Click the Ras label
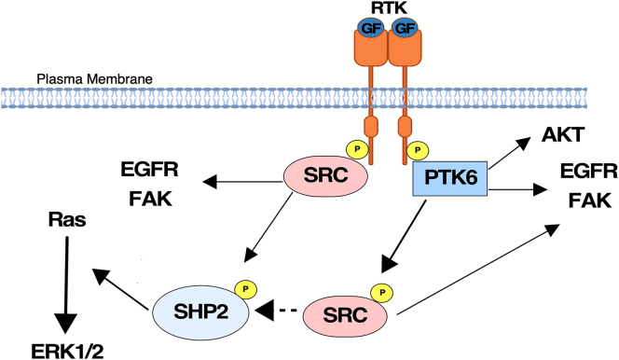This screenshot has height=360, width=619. (x=66, y=221)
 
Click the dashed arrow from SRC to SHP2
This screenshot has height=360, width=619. (x=282, y=309)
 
